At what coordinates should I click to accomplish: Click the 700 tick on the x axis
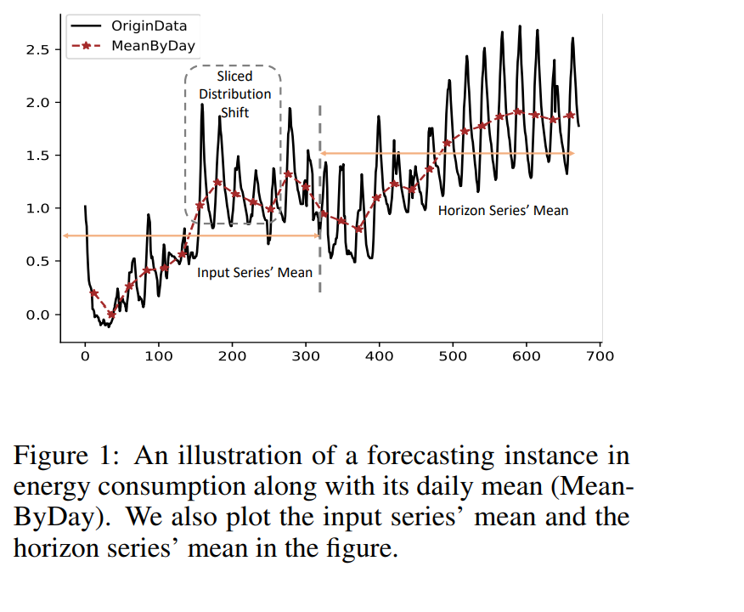click(x=600, y=355)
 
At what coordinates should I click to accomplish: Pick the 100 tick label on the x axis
click(x=159, y=355)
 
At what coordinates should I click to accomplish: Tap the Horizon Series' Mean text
click(x=503, y=210)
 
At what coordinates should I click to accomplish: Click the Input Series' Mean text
click(x=255, y=273)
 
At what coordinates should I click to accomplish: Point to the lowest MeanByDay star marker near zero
click(x=111, y=314)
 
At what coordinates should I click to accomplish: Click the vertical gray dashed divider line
click(x=320, y=195)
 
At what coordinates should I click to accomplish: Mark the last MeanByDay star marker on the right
click(x=571, y=115)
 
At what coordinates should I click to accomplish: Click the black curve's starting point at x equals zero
click(x=85, y=207)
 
